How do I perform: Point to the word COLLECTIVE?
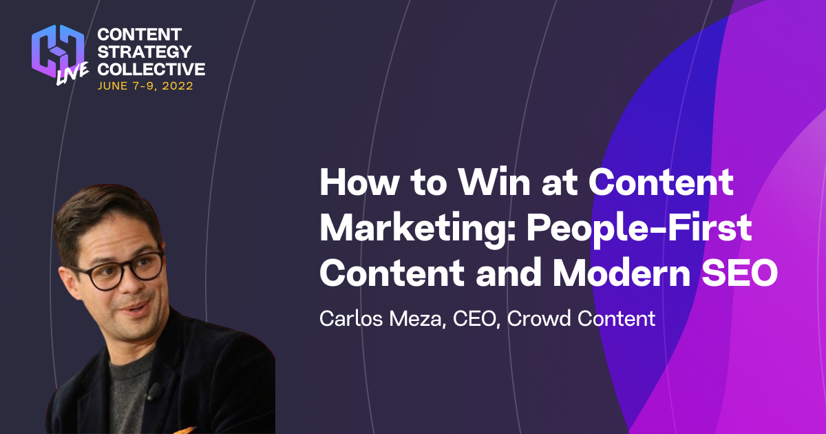tap(151, 69)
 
